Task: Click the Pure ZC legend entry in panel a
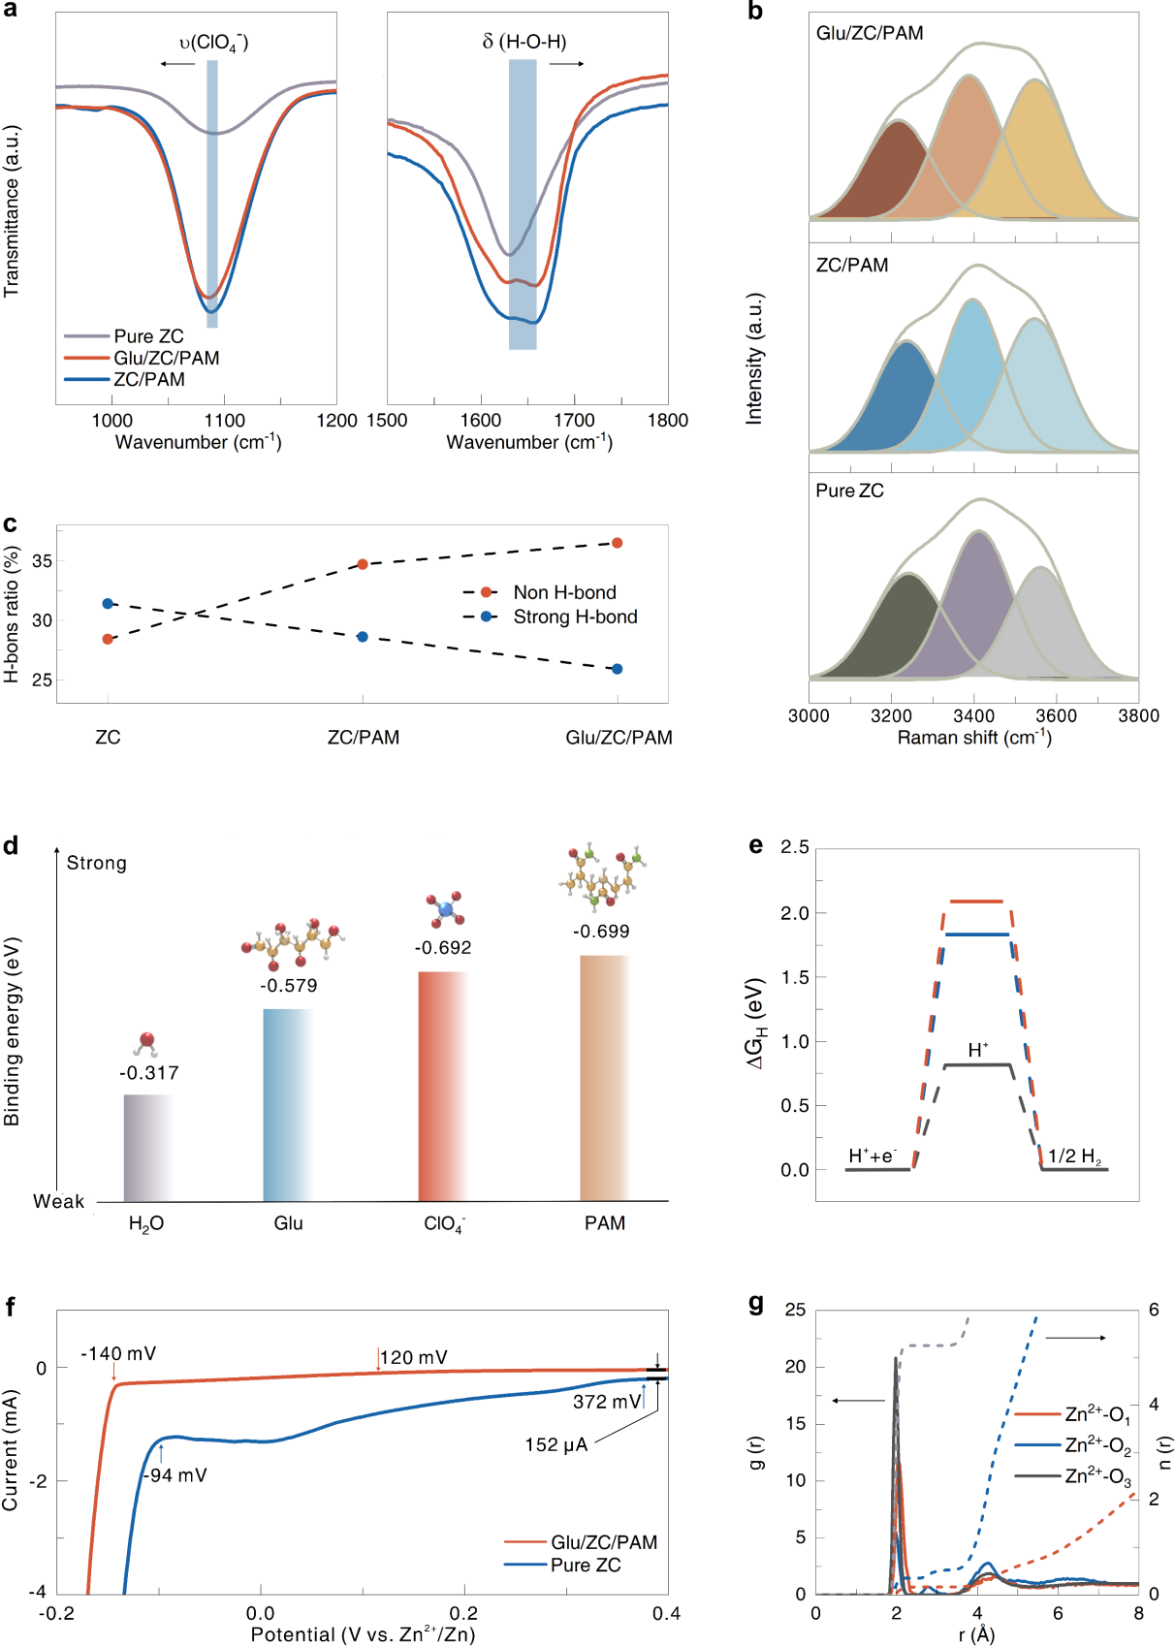pos(147,336)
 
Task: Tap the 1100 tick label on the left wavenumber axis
pos(224,421)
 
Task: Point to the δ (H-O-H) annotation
pos(524,42)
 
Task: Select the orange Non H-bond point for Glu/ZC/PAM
pos(618,543)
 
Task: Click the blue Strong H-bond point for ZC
pos(108,604)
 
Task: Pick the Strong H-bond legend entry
pos(574,617)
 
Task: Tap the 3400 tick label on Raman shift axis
pos(973,715)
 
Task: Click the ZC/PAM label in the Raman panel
pos(852,266)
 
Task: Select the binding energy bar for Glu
pos(288,1105)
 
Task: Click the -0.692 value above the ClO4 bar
pos(443,948)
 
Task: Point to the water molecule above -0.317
pos(146,1043)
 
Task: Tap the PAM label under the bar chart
pos(605,1223)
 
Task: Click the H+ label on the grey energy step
pos(978,1051)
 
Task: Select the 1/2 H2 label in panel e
pos(1074,1156)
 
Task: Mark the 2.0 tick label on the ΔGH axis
pos(795,913)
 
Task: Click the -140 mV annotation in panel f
pos(118,1354)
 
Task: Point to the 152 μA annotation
pos(556,1445)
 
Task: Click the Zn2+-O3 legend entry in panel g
pos(1097,1476)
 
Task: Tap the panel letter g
pos(757,1304)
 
